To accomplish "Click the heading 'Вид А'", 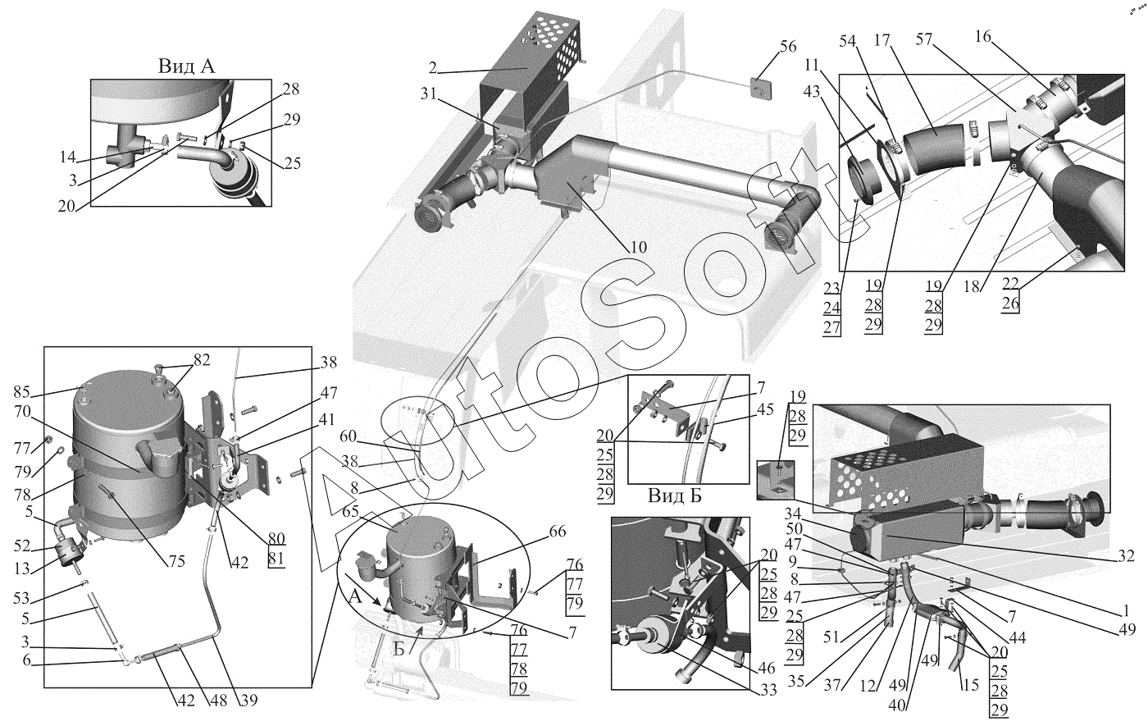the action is [x=186, y=66].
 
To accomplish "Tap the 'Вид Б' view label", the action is [x=674, y=495].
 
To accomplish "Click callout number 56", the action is [x=788, y=46].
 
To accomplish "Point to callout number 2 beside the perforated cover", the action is [x=433, y=67].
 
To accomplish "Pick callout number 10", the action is [x=638, y=247].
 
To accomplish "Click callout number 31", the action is [x=429, y=94].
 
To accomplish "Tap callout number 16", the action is [x=983, y=36].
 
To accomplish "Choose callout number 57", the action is [x=924, y=39].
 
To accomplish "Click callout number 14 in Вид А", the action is [x=67, y=157].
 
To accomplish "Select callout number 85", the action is [x=22, y=392].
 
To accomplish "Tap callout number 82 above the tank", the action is [x=202, y=360].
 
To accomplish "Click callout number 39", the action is [x=248, y=700].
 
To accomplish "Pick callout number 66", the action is [x=558, y=532].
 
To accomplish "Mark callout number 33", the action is [x=768, y=690].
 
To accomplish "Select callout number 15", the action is [x=970, y=685].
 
